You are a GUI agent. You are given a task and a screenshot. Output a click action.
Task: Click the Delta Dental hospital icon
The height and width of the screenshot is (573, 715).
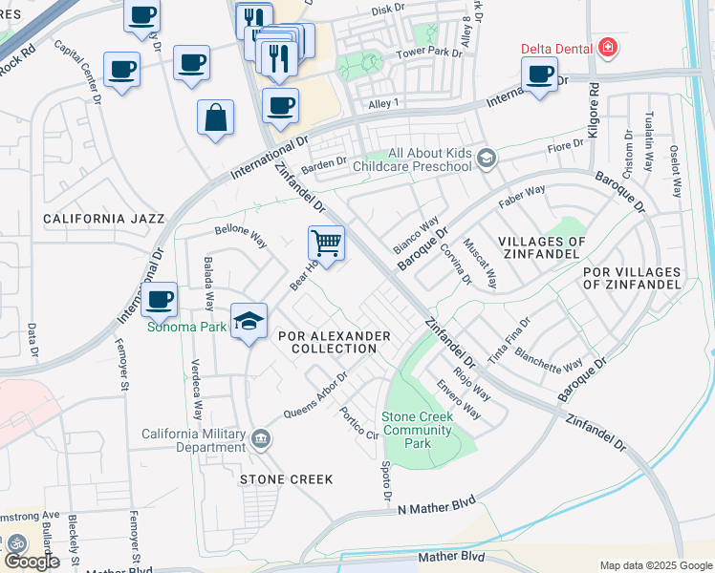tap(606, 47)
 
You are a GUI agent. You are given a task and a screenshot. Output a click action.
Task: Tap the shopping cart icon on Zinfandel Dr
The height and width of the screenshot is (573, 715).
tap(326, 244)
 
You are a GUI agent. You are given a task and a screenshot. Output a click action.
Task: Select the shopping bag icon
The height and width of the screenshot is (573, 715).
tap(216, 118)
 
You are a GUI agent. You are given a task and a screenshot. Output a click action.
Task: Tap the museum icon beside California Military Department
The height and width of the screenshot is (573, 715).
tap(261, 440)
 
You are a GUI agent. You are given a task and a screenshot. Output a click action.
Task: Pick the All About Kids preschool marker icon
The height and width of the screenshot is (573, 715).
tap(487, 158)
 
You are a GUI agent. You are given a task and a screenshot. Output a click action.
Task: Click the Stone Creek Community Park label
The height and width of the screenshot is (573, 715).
tap(419, 430)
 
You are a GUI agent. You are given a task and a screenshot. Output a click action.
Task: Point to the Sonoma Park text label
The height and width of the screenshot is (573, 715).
tap(186, 326)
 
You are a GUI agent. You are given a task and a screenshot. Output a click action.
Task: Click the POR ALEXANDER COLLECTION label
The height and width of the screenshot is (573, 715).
tap(334, 342)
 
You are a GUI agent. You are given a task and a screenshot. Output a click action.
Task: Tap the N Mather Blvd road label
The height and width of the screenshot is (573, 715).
tap(437, 505)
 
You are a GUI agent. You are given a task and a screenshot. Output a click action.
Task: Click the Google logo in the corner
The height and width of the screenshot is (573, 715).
tap(32, 561)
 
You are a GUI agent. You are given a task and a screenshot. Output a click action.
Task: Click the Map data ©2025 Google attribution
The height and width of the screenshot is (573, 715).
tap(655, 565)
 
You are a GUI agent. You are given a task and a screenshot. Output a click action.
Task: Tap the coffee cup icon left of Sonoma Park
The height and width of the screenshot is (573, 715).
tap(160, 300)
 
